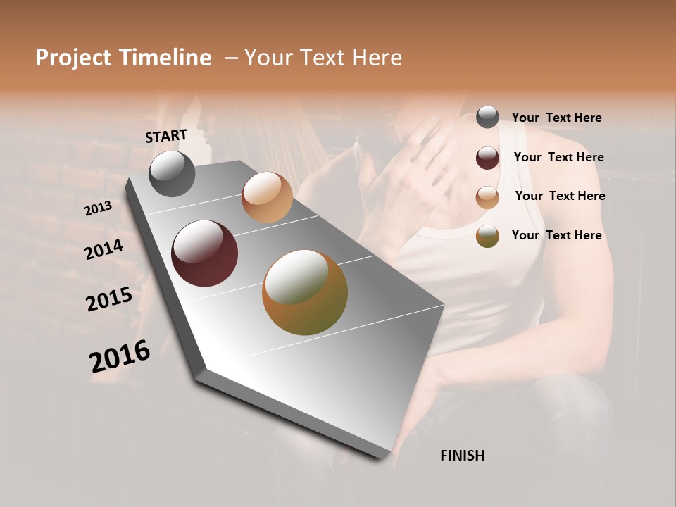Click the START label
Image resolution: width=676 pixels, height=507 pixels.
point(166,136)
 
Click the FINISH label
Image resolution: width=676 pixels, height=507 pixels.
point(462,456)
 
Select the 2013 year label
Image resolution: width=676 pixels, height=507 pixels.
point(98,208)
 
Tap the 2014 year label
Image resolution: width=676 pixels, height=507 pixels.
point(104,250)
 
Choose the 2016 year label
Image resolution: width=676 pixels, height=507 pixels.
point(120,356)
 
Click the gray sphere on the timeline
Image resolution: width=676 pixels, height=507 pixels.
point(172,173)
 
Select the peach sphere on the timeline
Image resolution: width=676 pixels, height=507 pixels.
point(267,197)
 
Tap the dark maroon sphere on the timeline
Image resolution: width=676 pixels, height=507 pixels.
point(204,254)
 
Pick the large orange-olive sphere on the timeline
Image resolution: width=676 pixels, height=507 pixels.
point(305,292)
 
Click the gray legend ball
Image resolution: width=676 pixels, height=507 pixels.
point(487,117)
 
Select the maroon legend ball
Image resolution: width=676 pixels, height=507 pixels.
point(487,158)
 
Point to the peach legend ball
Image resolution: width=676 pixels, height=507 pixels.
point(487,197)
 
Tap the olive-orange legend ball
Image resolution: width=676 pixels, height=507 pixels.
point(487,237)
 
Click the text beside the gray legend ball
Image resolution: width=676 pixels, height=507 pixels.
point(556,118)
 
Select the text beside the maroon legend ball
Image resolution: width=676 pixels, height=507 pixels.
point(558,157)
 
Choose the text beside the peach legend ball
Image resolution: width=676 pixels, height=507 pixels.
point(560,196)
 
